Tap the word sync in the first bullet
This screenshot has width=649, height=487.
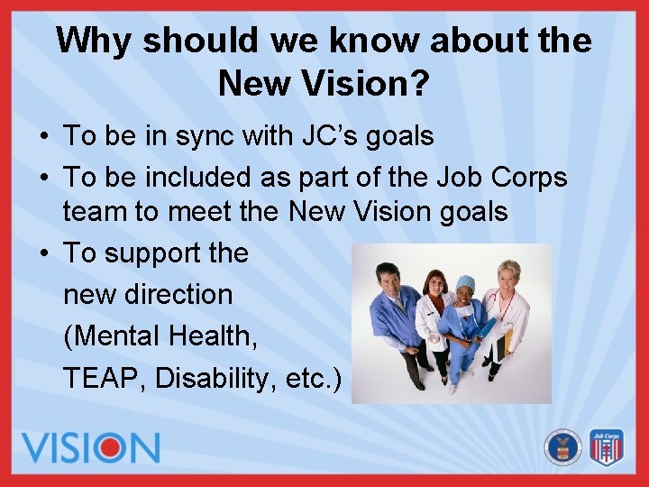point(205,137)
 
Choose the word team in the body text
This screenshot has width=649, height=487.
point(92,212)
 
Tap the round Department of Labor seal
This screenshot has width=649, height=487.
point(563,446)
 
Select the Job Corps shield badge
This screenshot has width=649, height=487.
point(607,446)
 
